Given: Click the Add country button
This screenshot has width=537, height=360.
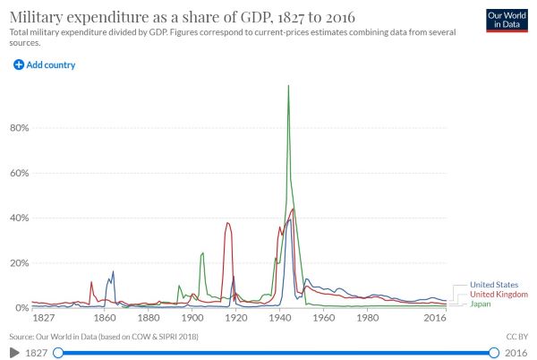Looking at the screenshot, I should [x=44, y=65].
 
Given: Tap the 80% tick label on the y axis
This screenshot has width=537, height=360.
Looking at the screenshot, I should [x=19, y=128].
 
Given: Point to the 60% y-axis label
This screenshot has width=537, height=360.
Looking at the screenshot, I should [x=19, y=173].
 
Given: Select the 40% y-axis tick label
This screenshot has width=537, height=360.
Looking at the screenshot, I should [x=19, y=218].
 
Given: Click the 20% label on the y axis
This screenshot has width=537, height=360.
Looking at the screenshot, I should [x=19, y=262].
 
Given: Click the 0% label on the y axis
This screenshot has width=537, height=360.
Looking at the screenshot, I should [x=21, y=307].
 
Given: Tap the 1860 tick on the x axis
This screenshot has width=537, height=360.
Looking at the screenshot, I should [x=105, y=318].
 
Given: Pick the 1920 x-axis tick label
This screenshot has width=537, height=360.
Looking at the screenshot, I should [x=236, y=318].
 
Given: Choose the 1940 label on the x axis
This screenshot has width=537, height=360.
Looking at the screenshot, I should [x=280, y=318].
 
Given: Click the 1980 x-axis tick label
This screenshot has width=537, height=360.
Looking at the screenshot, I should [x=368, y=318].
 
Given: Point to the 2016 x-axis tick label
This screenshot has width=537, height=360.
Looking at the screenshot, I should [x=435, y=318].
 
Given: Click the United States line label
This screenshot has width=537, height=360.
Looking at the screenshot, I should [x=495, y=286].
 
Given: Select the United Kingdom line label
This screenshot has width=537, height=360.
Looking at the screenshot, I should [x=499, y=295].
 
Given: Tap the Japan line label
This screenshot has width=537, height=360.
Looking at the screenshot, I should [x=481, y=304].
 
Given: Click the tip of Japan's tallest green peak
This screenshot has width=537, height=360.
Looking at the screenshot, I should [x=288, y=86].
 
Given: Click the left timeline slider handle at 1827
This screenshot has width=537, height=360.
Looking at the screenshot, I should [x=58, y=353].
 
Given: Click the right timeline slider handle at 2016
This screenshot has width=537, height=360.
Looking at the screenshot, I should [x=494, y=353].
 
